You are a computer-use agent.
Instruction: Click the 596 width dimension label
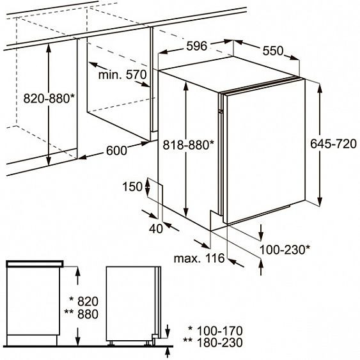197,46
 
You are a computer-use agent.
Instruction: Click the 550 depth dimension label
273,51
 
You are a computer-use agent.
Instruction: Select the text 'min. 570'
122,75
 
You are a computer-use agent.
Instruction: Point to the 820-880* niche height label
49,98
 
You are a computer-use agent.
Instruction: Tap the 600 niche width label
116,151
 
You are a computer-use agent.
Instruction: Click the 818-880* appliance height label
188,145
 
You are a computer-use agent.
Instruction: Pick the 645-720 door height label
333,144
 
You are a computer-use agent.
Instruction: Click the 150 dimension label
132,187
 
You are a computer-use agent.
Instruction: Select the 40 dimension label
156,229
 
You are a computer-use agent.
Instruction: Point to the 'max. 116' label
199,258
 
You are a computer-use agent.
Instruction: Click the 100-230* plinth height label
285,249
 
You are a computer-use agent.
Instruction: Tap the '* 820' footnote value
84,301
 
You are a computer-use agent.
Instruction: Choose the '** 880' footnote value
81,314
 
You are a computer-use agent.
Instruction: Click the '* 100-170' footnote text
215,331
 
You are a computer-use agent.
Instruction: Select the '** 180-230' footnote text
213,343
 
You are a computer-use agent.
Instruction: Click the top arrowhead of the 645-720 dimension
320,88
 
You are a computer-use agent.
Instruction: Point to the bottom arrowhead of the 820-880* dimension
49,160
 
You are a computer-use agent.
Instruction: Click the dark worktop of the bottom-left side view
35,264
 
